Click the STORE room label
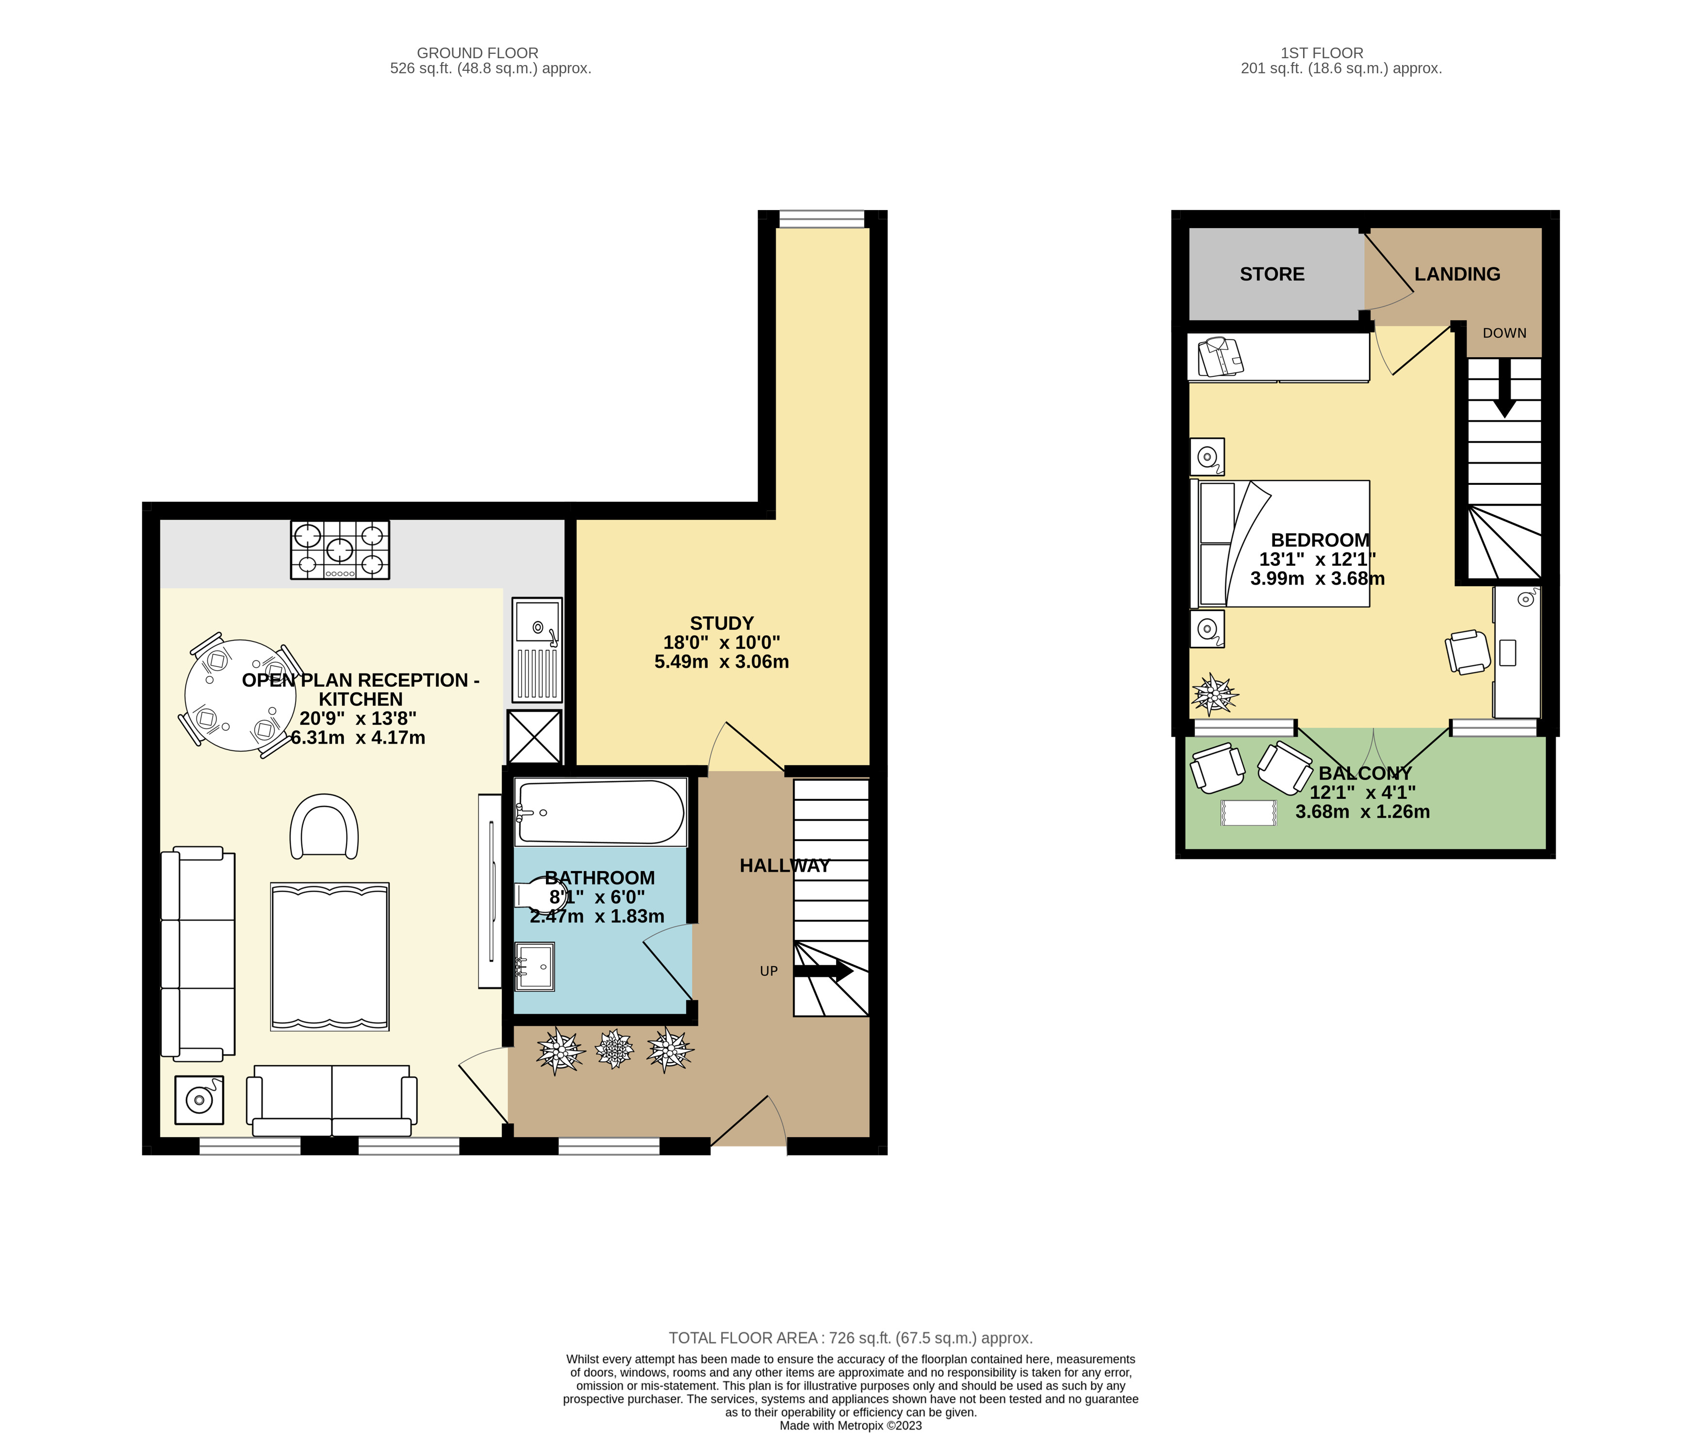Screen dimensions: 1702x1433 pyautogui.click(x=1272, y=275)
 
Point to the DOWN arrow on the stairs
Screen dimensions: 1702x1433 pyautogui.click(x=1504, y=388)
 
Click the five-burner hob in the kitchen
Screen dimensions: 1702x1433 pyautogui.click(x=340, y=550)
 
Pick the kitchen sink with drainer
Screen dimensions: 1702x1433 pyautogui.click(x=537, y=650)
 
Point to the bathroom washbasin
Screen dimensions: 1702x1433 pyautogui.click(x=534, y=967)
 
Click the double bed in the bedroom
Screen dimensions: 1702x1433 pyautogui.click(x=1280, y=544)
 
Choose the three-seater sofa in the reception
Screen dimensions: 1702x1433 pyautogui.click(x=198, y=954)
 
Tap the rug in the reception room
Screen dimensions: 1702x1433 pyautogui.click(x=330, y=957)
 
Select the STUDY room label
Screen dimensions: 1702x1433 pyautogui.click(x=721, y=623)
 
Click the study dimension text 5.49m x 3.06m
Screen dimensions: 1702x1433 pyautogui.click(x=721, y=662)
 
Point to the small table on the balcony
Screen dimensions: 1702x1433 pyautogui.click(x=1249, y=813)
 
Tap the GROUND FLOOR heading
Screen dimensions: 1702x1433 pyautogui.click(x=478, y=53)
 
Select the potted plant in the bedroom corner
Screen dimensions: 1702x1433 pyautogui.click(x=1214, y=694)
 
